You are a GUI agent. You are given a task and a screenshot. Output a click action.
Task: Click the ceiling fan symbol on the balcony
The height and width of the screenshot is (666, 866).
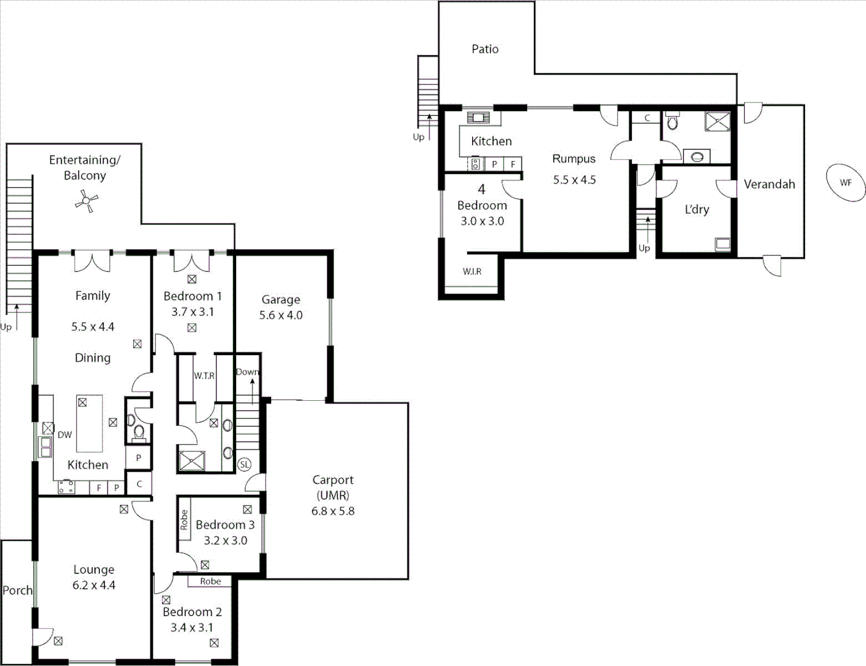tap(87, 200)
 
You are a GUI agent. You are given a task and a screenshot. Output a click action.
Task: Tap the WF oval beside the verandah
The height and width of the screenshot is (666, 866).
tap(846, 183)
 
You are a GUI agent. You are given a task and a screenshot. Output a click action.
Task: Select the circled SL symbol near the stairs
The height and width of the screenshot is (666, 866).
tap(245, 464)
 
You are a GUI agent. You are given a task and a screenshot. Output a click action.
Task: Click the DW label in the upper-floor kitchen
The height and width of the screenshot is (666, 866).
tap(65, 434)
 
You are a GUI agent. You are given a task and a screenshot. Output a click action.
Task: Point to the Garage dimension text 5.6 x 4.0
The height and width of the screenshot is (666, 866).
tap(280, 315)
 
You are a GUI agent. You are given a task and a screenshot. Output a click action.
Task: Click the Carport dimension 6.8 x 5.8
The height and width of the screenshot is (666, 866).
tap(333, 511)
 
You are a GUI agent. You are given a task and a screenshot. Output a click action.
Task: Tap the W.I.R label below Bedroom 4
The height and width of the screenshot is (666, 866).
tap(472, 271)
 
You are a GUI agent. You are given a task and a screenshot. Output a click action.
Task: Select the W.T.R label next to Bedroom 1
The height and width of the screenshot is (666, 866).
tap(204, 376)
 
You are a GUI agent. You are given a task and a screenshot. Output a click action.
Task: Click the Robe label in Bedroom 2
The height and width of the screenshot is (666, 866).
tap(210, 581)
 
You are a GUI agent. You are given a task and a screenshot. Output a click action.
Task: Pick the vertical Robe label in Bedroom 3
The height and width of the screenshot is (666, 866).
tap(184, 520)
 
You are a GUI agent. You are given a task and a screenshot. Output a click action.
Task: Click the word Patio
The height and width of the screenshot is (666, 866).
tap(485, 49)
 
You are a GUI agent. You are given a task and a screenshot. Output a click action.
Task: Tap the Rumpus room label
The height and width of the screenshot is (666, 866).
tap(574, 158)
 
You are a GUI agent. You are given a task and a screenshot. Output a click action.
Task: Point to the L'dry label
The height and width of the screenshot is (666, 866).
tap(697, 209)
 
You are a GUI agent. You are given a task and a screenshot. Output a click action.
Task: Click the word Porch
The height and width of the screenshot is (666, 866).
tap(17, 590)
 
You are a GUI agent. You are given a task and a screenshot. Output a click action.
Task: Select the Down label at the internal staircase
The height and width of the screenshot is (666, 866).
tap(247, 372)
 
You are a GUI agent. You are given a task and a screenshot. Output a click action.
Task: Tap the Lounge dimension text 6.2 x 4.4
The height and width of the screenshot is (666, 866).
tap(94, 585)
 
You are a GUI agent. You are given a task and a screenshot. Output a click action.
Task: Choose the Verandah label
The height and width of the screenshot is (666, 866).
tap(769, 184)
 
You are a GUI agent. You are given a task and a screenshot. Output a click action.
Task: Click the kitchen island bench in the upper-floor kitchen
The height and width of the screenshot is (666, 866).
tap(89, 424)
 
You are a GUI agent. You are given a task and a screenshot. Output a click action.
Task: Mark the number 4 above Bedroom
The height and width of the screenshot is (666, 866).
tap(481, 189)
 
